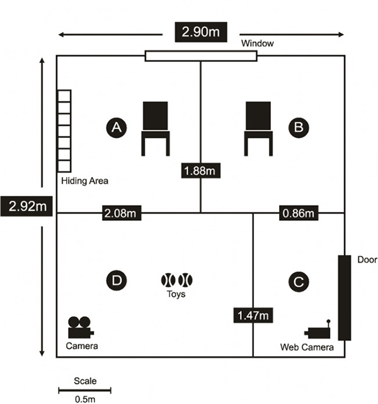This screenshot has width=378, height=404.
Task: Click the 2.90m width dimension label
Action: click(201, 32)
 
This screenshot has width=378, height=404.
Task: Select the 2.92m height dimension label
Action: click(26, 206)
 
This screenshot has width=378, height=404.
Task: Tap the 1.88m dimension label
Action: click(201, 171)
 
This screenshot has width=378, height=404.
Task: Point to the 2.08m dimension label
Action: click(122, 213)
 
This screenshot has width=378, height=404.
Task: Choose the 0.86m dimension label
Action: click(299, 213)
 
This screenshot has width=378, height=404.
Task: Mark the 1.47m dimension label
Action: click(253, 315)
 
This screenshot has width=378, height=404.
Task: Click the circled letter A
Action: click(117, 127)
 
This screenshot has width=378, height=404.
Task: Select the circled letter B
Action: click(299, 127)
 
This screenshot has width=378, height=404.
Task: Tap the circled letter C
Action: click(299, 282)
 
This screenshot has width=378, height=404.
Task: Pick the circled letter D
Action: click(117, 280)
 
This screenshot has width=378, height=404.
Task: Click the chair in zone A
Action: click(156, 129)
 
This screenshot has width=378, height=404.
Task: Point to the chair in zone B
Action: click(258, 129)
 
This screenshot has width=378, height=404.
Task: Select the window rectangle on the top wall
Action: click(201, 56)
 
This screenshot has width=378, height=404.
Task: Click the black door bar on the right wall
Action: click(345, 298)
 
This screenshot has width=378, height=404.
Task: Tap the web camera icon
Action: click(318, 329)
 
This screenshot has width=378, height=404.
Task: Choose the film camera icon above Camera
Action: click(81, 327)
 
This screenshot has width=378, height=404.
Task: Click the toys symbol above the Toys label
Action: click(176, 280)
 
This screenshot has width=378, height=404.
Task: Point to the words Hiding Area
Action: click(84, 181)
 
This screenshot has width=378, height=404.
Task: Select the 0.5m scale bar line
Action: click(84, 391)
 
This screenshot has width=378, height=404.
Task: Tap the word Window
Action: click(257, 43)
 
